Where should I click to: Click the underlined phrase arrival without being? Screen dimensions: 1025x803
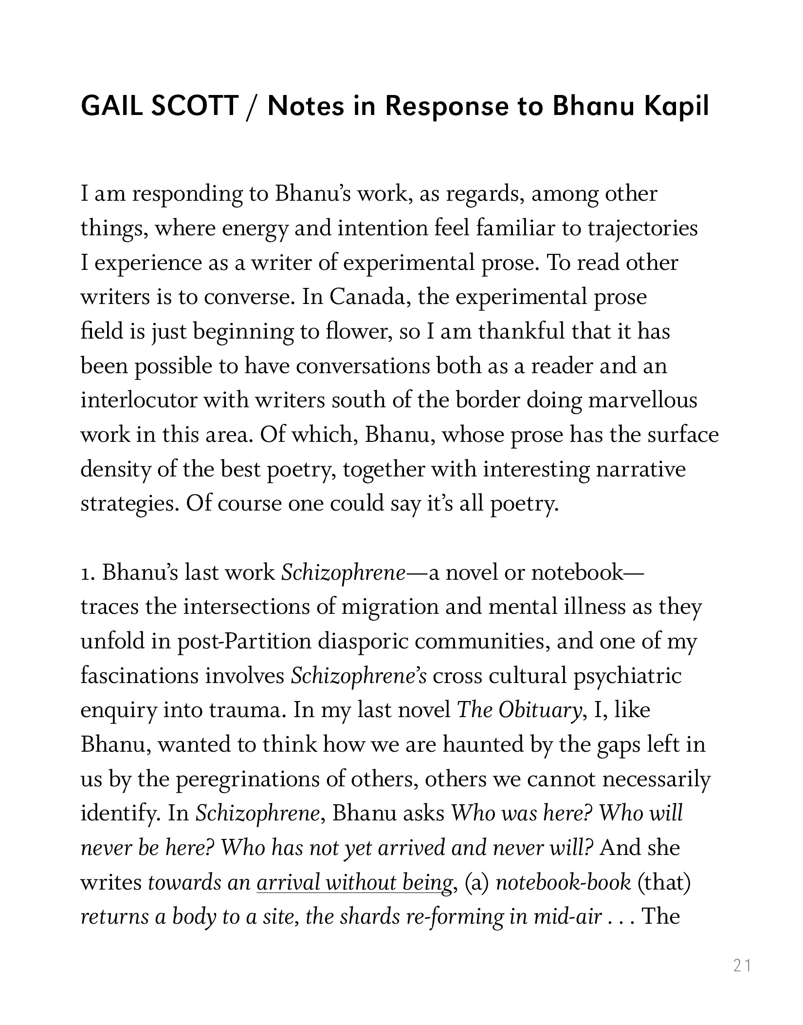[354, 883]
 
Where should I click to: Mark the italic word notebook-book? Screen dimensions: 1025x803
[563, 883]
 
